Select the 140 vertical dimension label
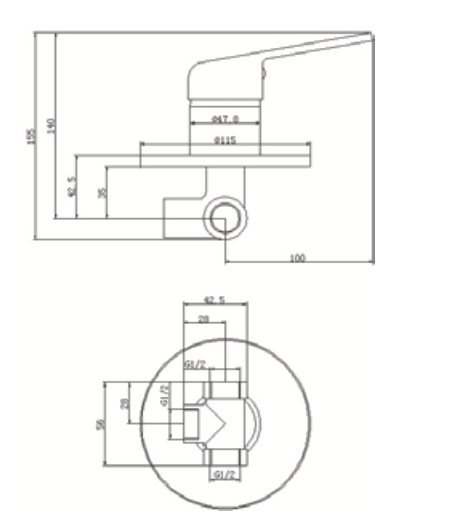pos(53,125)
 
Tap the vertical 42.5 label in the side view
pos(73,186)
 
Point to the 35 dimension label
pos(102,193)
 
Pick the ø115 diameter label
pos(225,141)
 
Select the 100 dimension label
pos(298,258)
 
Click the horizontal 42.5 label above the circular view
pos(215,300)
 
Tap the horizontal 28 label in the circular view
pos(204,319)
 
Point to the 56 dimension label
pos(101,424)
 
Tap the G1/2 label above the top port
pos(195,364)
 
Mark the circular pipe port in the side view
pos(225,218)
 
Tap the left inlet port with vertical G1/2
pos(191,424)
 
